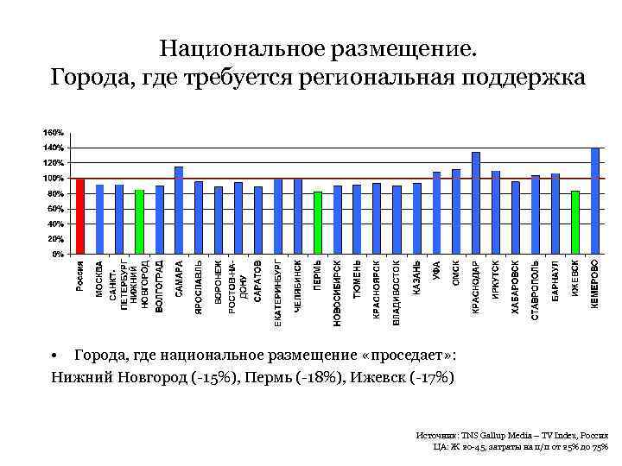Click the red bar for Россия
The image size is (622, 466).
pos(80,217)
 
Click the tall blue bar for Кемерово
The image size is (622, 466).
pos(595,201)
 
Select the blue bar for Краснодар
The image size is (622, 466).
pos(476,203)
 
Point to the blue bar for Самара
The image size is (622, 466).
pos(179,211)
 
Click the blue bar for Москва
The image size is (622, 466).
pos(100,219)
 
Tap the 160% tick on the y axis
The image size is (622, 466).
pos(54,132)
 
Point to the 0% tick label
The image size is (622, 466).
pos(57,255)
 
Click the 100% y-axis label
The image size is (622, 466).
pos(54,178)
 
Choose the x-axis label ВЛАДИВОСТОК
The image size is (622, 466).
pos(397,293)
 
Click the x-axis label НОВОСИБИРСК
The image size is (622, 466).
pos(337,293)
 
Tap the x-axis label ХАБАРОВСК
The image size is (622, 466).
pos(516,288)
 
